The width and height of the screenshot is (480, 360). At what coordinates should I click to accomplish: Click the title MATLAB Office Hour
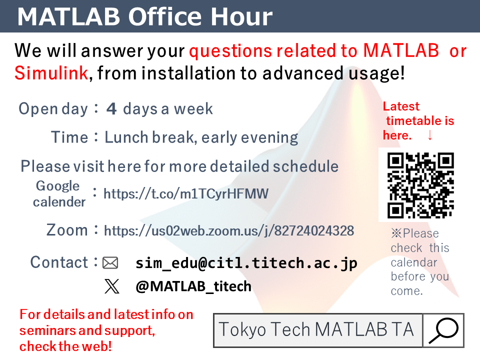coord(145,16)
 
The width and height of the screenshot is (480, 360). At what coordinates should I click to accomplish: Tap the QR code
coord(420,185)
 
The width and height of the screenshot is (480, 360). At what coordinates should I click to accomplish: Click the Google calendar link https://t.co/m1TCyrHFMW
coord(186,194)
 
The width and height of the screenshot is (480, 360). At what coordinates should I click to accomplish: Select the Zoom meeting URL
coord(229,231)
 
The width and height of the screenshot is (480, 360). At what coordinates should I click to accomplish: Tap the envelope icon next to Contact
coord(110,263)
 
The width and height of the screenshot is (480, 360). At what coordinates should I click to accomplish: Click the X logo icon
coord(111,286)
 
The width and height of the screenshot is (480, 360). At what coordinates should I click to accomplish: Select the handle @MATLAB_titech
coord(193,286)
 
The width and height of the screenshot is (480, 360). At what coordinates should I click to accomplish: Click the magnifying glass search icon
coord(443,330)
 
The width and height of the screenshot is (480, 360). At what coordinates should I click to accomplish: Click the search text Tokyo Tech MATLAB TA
coord(316,329)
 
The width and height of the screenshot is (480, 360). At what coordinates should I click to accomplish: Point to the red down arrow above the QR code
coord(430,135)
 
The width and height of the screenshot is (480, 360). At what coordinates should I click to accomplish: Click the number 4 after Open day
coord(111,108)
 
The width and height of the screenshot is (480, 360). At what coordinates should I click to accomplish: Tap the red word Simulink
coord(51,73)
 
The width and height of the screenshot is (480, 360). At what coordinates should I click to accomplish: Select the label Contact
coord(59,262)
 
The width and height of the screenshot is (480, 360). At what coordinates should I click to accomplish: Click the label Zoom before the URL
coord(67,230)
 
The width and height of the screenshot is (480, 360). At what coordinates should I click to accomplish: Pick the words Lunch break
coord(149,137)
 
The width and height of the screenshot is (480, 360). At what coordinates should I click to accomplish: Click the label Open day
coord(53,109)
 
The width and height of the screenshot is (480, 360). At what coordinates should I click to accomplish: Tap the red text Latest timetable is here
coord(418,121)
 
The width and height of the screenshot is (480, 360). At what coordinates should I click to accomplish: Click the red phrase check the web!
coord(65,346)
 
